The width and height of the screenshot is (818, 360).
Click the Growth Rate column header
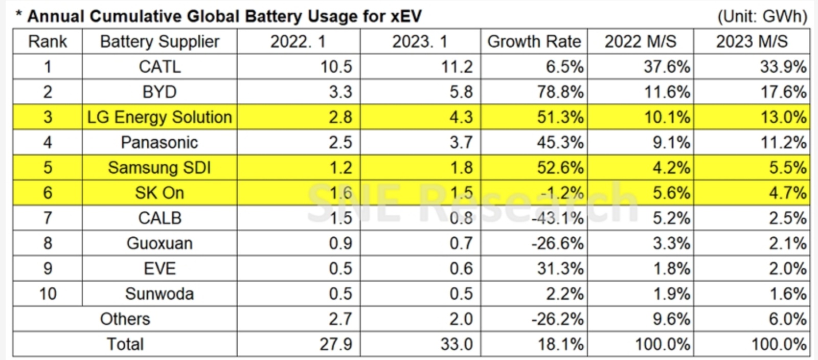[534, 41]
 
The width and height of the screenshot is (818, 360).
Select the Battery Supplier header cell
[160, 41]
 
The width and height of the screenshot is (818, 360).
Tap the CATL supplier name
[160, 66]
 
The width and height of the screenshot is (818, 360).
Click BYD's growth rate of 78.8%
[560, 92]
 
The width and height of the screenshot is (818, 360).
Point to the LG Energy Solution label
[160, 117]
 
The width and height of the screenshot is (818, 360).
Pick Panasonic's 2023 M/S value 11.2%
[783, 142]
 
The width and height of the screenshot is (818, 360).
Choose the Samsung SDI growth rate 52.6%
[560, 168]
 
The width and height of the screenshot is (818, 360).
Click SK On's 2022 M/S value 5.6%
[671, 193]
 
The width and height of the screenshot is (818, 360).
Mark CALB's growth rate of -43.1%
[557, 218]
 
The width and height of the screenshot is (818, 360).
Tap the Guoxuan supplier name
[160, 243]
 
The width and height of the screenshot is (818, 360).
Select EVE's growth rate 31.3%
[560, 268]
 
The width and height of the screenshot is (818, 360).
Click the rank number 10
[48, 294]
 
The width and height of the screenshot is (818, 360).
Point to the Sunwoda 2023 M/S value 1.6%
[787, 294]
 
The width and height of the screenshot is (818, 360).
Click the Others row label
[125, 319]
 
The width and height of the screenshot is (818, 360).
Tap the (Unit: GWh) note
[762, 16]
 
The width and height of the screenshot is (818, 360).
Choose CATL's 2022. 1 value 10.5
[336, 66]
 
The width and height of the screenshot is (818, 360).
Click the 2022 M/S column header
[640, 41]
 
